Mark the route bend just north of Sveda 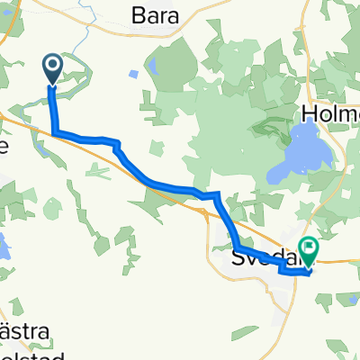click(217, 195)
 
